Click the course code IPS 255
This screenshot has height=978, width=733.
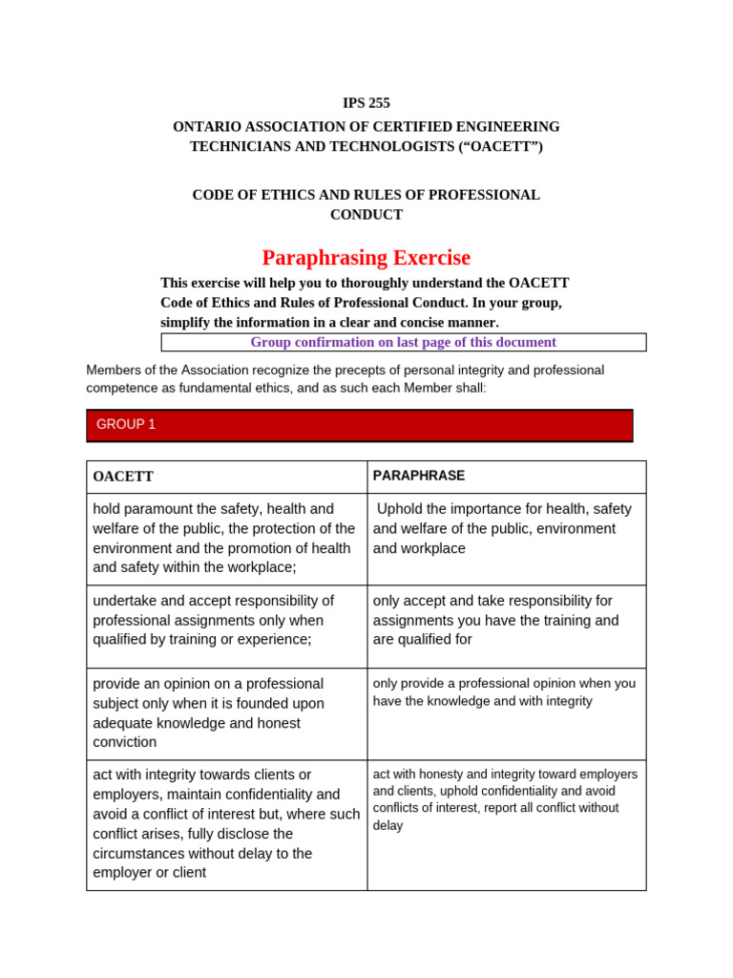coord(366,103)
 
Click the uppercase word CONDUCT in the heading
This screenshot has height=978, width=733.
coord(366,215)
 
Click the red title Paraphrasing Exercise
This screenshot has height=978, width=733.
coord(366,258)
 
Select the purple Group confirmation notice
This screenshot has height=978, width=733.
coord(403,342)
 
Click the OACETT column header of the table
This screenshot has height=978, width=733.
coord(123,477)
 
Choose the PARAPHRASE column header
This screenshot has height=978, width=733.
coord(419,476)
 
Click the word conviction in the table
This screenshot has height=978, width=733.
coord(125,742)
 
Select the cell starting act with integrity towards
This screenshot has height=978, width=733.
coord(225,823)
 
